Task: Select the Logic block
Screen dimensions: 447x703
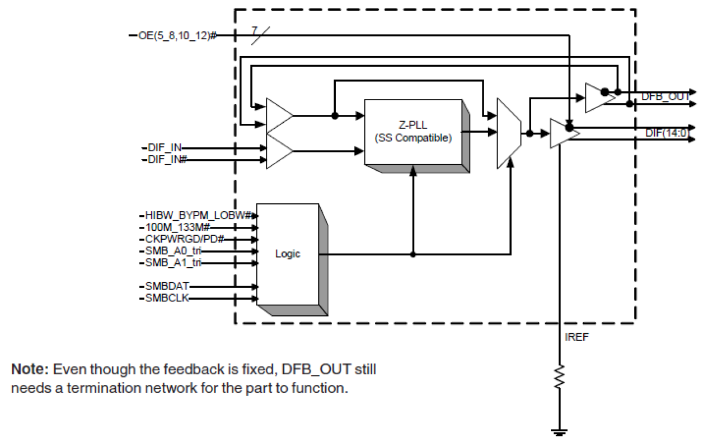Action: pyautogui.click(x=287, y=254)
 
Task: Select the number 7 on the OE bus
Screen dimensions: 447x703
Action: pyautogui.click(x=255, y=29)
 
